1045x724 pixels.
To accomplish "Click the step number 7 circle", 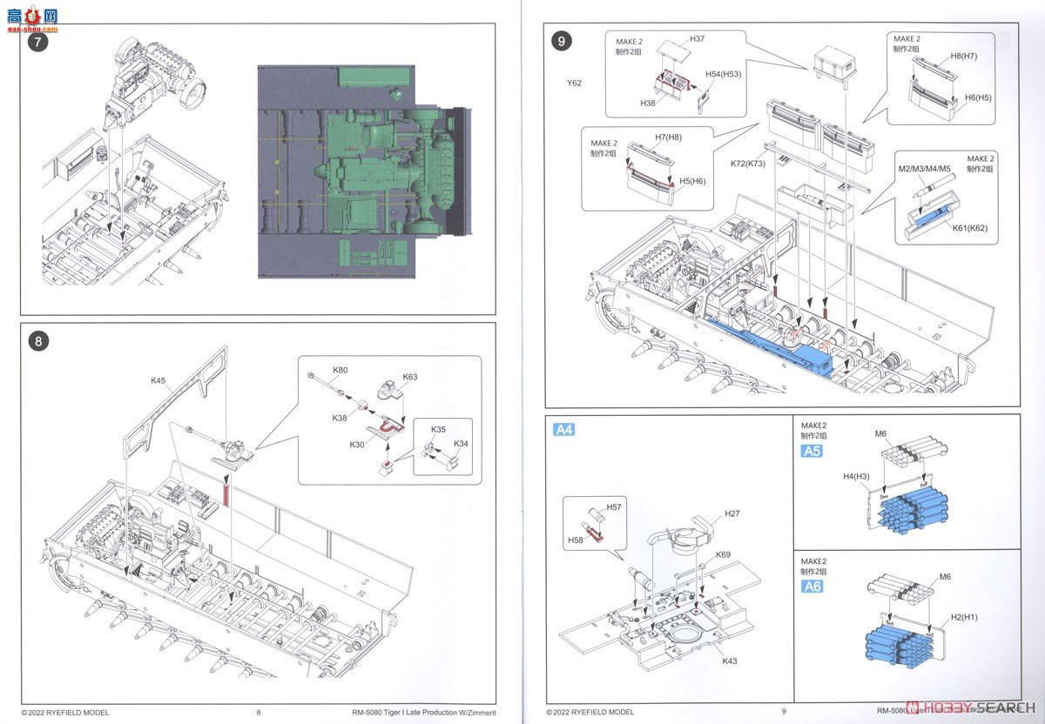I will click(x=37, y=41).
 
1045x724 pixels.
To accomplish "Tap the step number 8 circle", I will click(x=37, y=341).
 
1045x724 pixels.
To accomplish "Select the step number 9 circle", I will click(x=563, y=40).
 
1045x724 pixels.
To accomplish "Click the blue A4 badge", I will click(x=563, y=429).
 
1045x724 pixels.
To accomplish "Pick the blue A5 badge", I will click(x=812, y=451).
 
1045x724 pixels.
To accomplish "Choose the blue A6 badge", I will click(x=812, y=586).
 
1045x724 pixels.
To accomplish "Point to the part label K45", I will click(x=158, y=380).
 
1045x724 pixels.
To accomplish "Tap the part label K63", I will click(x=410, y=378).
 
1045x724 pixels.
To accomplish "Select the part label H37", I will click(x=698, y=39).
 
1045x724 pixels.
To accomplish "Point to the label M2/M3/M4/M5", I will click(x=924, y=169).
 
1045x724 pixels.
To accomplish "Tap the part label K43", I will click(x=730, y=660).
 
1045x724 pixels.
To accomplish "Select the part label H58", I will click(x=575, y=540).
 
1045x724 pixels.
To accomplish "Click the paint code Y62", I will click(x=573, y=84).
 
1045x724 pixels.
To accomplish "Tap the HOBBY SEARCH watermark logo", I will click(x=973, y=706).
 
